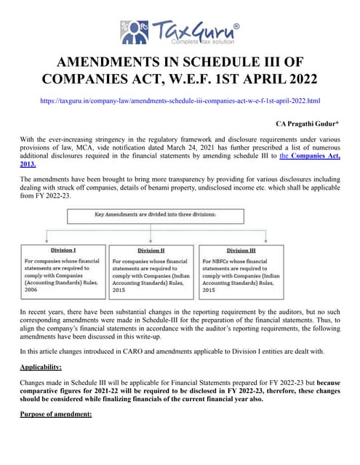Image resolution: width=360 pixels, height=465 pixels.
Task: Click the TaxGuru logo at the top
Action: [x=179, y=33]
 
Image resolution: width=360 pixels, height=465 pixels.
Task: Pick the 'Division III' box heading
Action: [x=241, y=251]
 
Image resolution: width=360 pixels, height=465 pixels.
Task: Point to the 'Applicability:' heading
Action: [x=41, y=367]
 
